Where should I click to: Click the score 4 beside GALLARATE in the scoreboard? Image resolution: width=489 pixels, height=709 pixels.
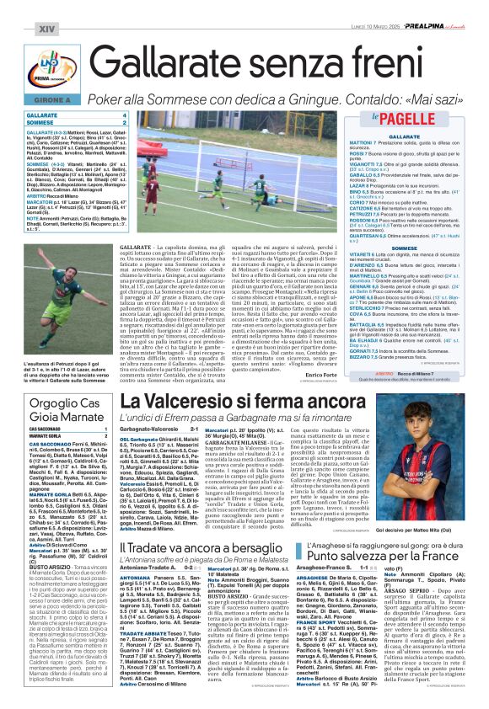click(125, 115)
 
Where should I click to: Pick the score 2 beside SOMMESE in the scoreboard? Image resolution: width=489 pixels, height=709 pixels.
click(125, 122)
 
